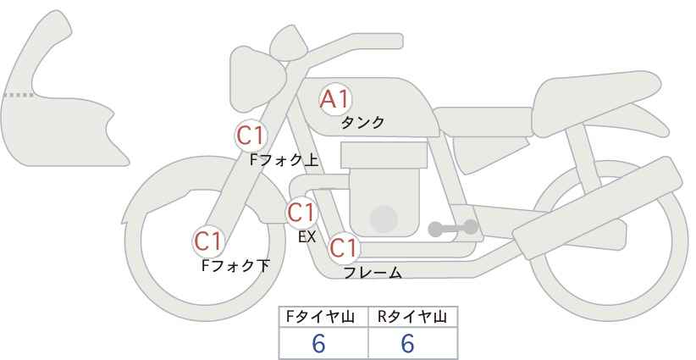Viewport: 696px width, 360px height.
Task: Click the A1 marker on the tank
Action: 335,99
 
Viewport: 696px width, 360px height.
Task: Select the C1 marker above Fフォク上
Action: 251,136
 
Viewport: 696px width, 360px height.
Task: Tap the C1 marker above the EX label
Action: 301,213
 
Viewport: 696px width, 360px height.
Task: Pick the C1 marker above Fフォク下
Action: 208,241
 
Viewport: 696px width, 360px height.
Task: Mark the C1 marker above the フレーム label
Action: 344,247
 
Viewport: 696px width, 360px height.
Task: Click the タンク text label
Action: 362,123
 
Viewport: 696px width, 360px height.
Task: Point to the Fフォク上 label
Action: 284,160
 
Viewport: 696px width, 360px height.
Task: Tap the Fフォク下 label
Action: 235,265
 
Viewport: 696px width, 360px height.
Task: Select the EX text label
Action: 307,237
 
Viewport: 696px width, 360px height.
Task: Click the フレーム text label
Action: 373,273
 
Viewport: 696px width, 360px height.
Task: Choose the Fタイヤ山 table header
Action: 320,317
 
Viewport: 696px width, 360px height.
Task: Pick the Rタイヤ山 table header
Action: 412,317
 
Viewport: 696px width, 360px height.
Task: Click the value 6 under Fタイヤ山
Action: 318,343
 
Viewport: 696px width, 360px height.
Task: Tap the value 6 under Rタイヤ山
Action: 407,343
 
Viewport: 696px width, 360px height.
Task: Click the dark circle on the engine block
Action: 384,219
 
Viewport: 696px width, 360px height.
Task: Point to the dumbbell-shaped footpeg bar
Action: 453,228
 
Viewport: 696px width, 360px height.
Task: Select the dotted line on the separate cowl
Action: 19,95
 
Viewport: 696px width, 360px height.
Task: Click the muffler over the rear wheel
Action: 598,208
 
